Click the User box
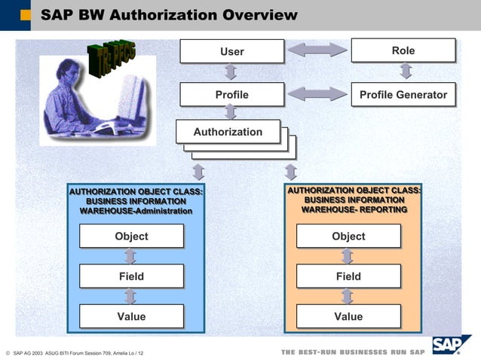(231, 51)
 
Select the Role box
(403, 50)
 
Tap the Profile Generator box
(403, 95)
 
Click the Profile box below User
(231, 95)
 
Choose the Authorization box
(228, 132)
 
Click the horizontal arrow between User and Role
(317, 51)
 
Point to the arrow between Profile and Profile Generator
(317, 95)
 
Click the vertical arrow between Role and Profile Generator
(406, 72)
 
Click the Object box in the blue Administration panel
(131, 236)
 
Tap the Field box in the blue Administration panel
(131, 276)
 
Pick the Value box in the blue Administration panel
(131, 316)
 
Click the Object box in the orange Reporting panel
(348, 236)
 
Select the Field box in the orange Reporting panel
(348, 276)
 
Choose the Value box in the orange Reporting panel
(348, 316)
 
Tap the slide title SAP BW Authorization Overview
(169, 15)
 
